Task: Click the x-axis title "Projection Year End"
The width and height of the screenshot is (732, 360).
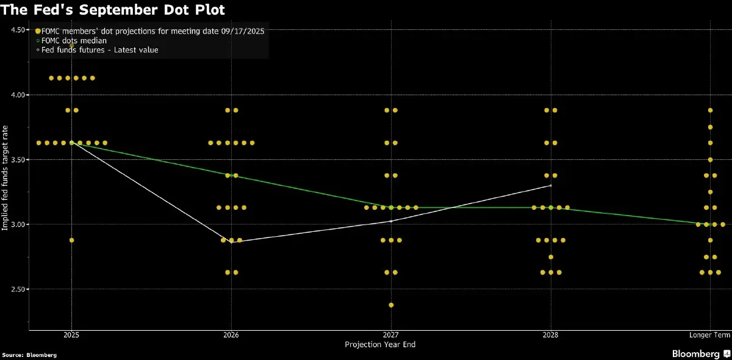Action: tap(380, 345)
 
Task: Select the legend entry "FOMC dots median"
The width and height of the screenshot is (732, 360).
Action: tap(77, 40)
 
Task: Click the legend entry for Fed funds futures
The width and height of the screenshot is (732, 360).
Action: tap(99, 49)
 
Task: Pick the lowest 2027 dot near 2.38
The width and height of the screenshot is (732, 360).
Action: tap(391, 305)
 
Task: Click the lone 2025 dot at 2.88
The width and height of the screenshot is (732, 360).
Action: tap(72, 240)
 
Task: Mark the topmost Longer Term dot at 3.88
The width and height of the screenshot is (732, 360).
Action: tap(710, 110)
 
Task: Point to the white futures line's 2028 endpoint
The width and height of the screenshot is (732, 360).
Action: tap(551, 185)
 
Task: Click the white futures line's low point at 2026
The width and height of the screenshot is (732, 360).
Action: tap(231, 242)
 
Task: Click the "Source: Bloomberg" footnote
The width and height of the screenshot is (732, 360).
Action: tap(29, 355)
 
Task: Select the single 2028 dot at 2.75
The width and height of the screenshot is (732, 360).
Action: tap(551, 257)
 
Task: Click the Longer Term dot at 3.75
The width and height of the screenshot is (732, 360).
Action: tap(710, 127)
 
